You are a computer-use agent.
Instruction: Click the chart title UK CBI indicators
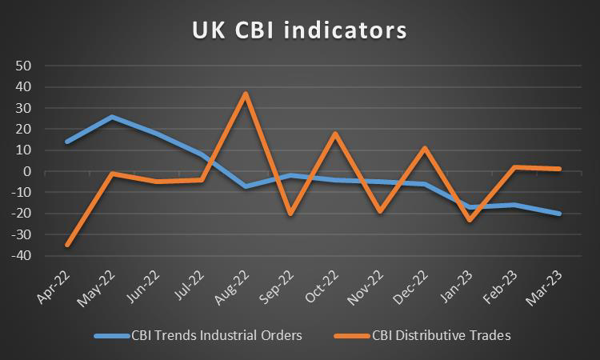300,30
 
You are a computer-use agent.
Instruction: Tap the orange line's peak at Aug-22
246,94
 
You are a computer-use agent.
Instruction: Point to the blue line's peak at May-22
112,117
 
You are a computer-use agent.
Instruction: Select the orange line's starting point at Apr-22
67,245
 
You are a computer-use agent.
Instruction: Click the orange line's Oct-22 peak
336,134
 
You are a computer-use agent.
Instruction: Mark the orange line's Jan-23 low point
470,220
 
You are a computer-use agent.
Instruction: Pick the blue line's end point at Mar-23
560,214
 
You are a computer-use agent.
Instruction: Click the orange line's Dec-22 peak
426,148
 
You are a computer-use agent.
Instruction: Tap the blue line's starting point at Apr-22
67,142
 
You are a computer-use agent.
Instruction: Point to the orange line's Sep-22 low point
291,214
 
